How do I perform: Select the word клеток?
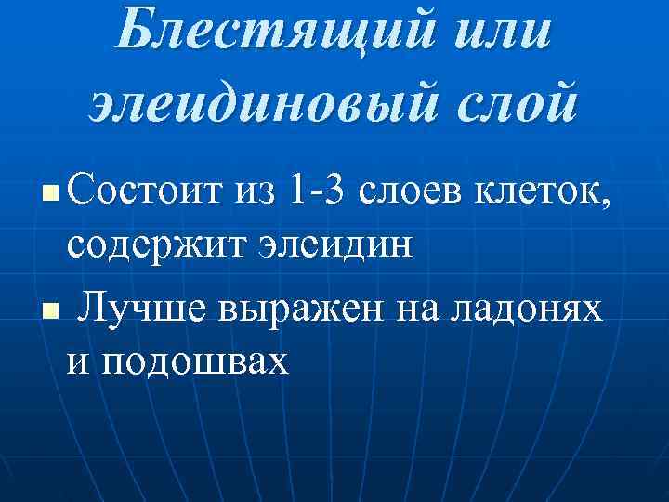553,192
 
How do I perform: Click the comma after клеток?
609,203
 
